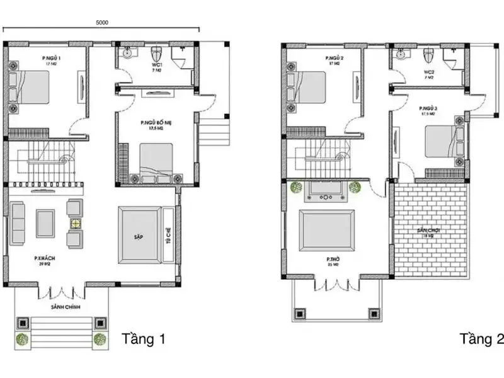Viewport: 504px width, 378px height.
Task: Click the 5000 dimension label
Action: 102,22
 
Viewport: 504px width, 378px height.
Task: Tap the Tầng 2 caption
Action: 481,340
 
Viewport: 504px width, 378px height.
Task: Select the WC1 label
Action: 157,65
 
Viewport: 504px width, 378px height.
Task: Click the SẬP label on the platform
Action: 138,236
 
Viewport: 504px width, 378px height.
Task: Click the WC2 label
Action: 429,72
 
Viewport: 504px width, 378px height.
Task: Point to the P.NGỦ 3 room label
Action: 428,110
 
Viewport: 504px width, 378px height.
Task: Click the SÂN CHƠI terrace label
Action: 428,231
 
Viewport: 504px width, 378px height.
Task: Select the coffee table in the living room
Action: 45,223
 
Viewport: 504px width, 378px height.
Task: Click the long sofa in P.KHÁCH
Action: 16,224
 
